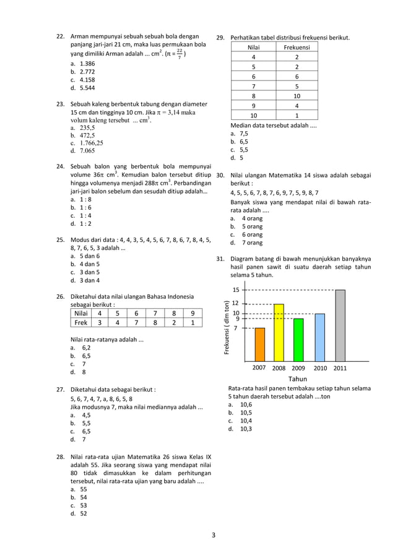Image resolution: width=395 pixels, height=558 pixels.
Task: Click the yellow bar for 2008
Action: click(x=279, y=333)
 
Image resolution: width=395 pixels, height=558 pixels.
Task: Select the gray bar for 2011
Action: click(x=341, y=325)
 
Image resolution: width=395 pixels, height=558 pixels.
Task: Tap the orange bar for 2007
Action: click(x=260, y=345)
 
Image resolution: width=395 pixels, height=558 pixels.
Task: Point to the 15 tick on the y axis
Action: click(x=236, y=290)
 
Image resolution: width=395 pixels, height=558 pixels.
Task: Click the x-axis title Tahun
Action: click(x=298, y=379)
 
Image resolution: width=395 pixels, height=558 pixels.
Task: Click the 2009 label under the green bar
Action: click(x=298, y=367)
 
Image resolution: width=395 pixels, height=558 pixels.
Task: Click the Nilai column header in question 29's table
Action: click(x=253, y=48)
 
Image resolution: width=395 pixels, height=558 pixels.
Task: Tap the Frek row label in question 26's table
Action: click(x=81, y=322)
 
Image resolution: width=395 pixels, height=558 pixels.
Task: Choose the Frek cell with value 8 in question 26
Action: click(x=155, y=322)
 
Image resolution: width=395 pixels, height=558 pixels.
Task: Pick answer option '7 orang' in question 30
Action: click(x=251, y=243)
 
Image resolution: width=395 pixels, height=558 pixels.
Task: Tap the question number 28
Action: click(x=61, y=457)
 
